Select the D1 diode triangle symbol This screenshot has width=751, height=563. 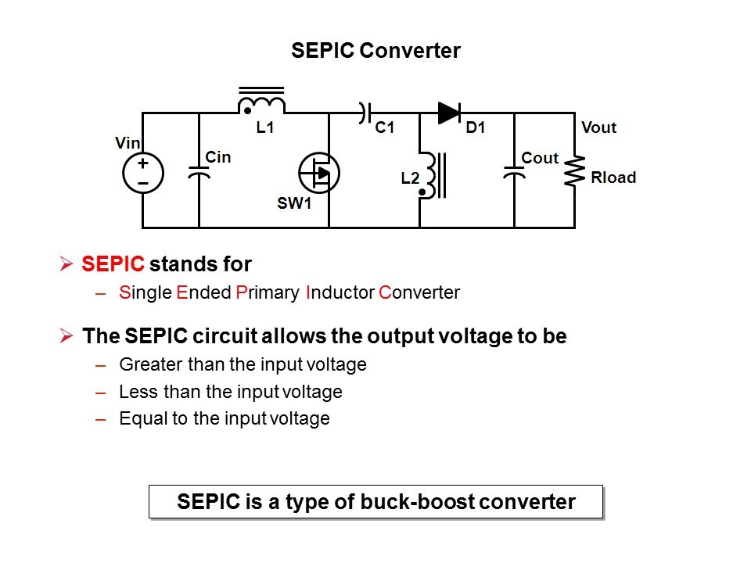coord(449,113)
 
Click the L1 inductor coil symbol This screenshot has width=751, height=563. coord(261,104)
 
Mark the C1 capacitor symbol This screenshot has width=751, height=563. coord(364,113)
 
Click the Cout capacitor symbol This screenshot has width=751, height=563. coord(514,173)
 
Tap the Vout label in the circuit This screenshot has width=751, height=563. coord(598,127)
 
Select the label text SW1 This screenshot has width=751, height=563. coord(294,204)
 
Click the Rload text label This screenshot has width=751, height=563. coord(613,178)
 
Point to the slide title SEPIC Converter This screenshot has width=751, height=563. coord(375,51)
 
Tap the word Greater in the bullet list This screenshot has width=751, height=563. coord(147,364)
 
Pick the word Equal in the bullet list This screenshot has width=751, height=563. coord(139,418)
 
